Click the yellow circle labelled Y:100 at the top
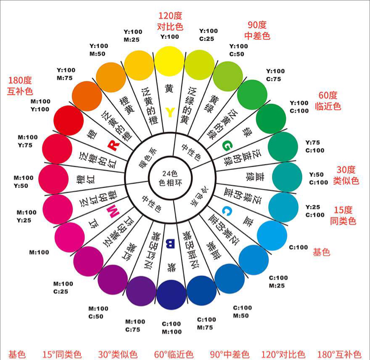(x=170, y=61)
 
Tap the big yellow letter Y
(x=170, y=112)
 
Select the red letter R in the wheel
(x=114, y=145)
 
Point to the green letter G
(x=227, y=145)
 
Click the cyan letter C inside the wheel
(x=227, y=211)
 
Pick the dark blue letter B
(x=170, y=243)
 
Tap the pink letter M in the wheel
(x=113, y=211)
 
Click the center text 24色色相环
(x=170, y=179)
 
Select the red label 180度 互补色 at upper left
(x=20, y=86)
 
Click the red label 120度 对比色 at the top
(x=170, y=21)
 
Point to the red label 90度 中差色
(x=257, y=30)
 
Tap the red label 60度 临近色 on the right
(x=328, y=101)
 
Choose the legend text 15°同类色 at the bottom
(x=62, y=355)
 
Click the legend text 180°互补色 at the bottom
(x=339, y=355)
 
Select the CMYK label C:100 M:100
(x=172, y=328)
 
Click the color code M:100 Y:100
(x=41, y=105)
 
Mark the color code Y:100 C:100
(x=299, y=107)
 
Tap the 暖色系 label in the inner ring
(x=148, y=158)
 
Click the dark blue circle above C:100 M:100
(x=171, y=295)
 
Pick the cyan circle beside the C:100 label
(x=272, y=235)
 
